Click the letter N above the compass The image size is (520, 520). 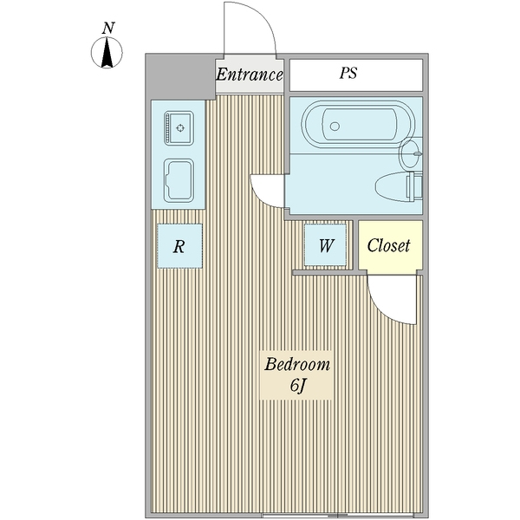point(107,28)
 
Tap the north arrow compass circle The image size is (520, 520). point(107,54)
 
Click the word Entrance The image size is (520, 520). point(250,75)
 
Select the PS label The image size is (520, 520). point(348,75)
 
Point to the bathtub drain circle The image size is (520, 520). point(335,127)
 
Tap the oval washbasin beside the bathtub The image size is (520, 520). point(409,154)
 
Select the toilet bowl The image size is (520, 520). point(393,185)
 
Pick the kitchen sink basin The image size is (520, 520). point(179,180)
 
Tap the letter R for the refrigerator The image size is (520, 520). point(179,246)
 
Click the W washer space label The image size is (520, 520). point(326,245)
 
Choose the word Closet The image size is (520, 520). point(388,245)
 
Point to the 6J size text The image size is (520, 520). point(297,386)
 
